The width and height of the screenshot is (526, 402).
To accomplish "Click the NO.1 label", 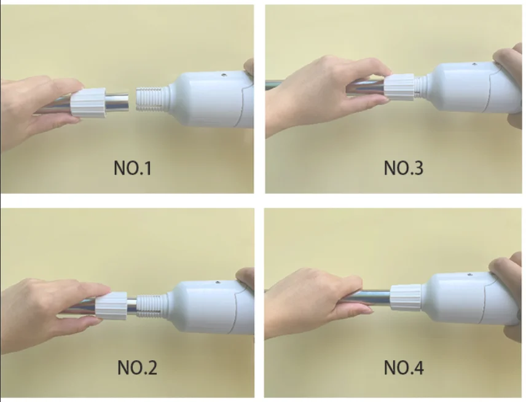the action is point(133,168).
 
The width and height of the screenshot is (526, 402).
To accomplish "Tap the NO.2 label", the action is point(137,368).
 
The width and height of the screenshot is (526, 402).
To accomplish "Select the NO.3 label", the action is point(404,168).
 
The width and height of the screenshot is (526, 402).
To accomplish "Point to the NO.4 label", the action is point(404,368).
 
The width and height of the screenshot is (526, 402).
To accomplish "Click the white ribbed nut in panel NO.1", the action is point(88,103).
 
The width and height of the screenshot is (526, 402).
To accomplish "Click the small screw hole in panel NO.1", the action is point(222,76).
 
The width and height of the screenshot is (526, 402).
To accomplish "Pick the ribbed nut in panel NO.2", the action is point(111,305).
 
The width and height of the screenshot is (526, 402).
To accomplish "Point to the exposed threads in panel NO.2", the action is point(151,305).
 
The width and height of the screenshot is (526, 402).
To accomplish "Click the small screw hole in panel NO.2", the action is point(218,283).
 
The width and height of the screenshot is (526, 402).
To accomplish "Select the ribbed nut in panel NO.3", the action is point(400,87).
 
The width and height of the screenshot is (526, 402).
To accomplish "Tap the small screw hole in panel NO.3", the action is point(474,64).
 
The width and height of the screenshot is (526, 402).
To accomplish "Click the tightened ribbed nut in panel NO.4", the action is point(406,298).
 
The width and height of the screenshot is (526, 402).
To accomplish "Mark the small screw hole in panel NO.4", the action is point(469,275).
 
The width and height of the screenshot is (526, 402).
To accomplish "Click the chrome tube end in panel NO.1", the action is point(117,102).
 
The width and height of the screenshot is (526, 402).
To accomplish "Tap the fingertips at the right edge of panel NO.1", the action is point(249,66).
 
